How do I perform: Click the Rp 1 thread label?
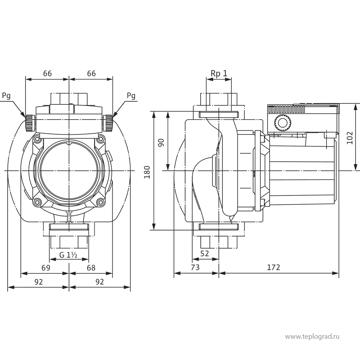(219, 73)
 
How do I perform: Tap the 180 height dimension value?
(147, 172)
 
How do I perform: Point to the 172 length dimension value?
(274, 267)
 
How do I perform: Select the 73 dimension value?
(195, 267)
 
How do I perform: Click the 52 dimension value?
(204, 253)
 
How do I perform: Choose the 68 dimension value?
(91, 268)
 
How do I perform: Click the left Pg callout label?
(6, 96)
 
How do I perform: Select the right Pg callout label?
(131, 96)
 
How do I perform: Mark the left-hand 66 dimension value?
(47, 73)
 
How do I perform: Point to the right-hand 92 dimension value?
(99, 282)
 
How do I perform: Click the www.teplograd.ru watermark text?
(312, 336)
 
